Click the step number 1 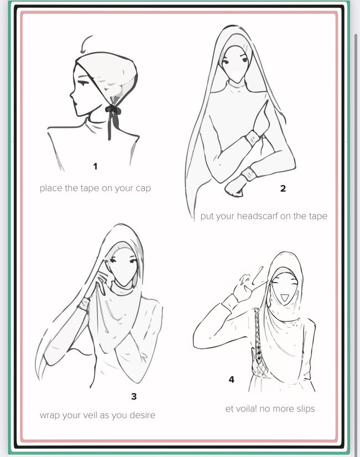(95, 166)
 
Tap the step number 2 (283, 188)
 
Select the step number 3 (134, 397)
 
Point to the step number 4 (232, 379)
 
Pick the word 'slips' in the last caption (306, 409)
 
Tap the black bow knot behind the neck (113, 110)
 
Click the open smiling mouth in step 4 (284, 297)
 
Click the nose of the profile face (71, 94)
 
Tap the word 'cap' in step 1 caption (143, 189)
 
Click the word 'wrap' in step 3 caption (48, 415)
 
